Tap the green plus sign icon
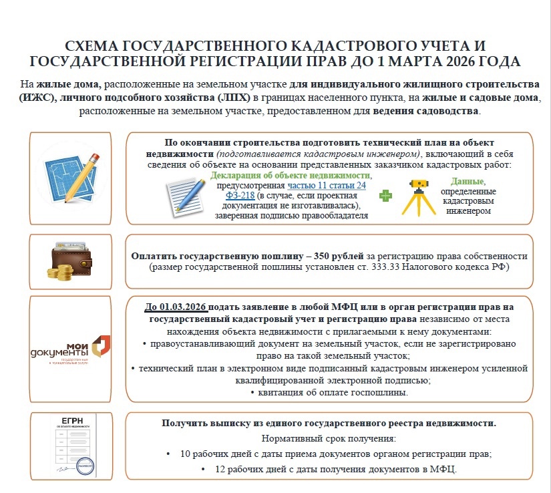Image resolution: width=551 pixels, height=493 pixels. (x=385, y=196)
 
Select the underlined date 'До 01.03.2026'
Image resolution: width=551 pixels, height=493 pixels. (x=176, y=307)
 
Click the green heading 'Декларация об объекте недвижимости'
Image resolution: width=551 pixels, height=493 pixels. (x=291, y=175)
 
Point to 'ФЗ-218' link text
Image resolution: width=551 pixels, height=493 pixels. (x=240, y=196)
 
